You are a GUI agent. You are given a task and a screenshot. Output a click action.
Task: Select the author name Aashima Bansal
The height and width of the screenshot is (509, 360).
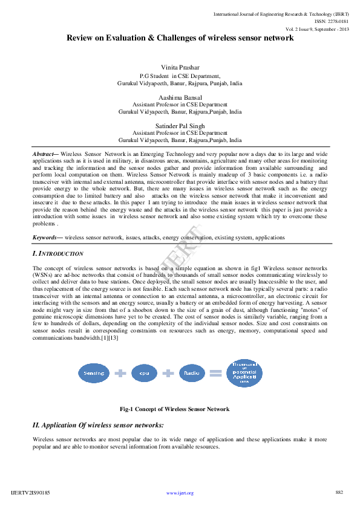(180, 97)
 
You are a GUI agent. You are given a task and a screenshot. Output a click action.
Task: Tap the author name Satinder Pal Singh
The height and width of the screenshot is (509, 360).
(180, 125)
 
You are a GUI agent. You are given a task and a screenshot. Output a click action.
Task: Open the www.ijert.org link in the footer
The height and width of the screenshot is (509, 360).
(180, 493)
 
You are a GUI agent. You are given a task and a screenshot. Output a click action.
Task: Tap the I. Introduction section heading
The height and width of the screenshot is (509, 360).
(58, 253)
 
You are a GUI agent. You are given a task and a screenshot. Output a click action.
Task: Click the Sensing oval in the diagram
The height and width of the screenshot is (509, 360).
(94, 374)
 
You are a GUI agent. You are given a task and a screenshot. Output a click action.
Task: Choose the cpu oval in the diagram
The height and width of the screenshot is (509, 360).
(144, 374)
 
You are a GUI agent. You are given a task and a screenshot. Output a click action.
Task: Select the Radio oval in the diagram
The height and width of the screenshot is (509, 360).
(192, 374)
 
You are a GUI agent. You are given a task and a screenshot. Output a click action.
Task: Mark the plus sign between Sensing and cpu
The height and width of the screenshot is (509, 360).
(120, 374)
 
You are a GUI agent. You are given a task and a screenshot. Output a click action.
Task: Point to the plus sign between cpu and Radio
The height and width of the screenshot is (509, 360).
(168, 374)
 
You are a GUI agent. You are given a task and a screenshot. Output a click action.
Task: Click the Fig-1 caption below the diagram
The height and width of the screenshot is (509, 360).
(174, 409)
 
